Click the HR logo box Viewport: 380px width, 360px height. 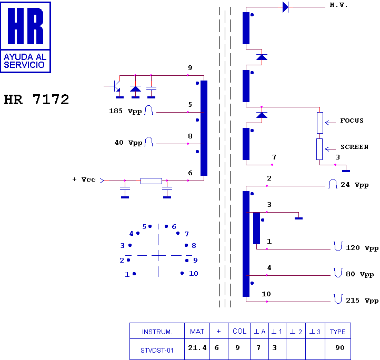pos(26,37)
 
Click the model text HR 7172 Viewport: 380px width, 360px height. pos(36,100)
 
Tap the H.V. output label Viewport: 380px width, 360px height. pos(338,5)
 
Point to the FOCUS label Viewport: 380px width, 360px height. pos(352,121)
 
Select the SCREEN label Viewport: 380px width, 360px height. pos(354,147)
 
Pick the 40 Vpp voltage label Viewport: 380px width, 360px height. pos(128,143)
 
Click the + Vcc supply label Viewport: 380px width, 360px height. pos(84,179)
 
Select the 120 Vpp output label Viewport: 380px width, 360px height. pos(362,248)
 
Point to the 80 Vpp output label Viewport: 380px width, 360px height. pos(359,274)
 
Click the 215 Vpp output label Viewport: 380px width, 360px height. pos(362,301)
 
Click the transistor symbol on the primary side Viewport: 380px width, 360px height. pos(117,86)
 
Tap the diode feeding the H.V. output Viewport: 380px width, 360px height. pos(285,7)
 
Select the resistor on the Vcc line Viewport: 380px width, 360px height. pos(151,181)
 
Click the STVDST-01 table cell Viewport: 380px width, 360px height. pos(157,349)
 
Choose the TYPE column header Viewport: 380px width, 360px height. pos(338,332)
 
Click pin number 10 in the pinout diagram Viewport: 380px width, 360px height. pos(194,274)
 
